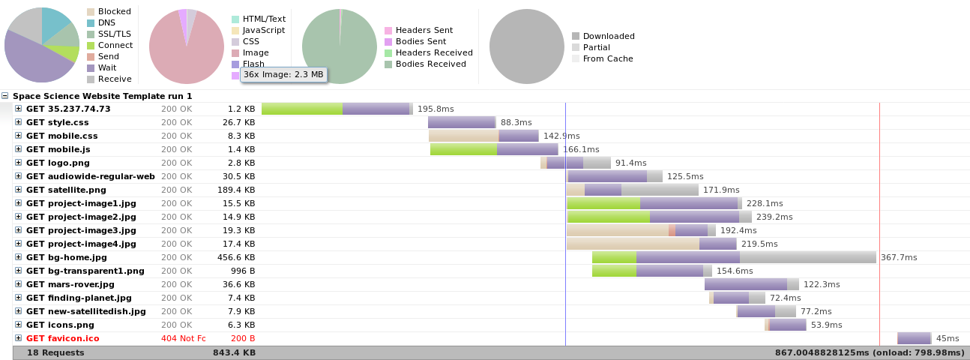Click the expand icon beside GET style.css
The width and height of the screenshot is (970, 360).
click(x=19, y=122)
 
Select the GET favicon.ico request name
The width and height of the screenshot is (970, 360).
click(x=62, y=338)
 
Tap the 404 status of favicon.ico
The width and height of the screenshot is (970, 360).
click(x=183, y=338)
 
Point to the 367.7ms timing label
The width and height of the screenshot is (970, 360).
click(x=899, y=257)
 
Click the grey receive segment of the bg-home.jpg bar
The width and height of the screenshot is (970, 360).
click(x=807, y=257)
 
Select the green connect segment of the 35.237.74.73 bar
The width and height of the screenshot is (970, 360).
click(x=302, y=109)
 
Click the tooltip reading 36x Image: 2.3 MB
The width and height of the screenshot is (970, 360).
click(x=283, y=74)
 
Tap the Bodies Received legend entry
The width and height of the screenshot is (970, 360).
click(x=428, y=64)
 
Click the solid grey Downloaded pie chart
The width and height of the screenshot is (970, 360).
click(x=526, y=46)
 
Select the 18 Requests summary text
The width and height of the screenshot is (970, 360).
click(x=55, y=352)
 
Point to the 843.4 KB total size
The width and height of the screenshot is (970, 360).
click(x=234, y=352)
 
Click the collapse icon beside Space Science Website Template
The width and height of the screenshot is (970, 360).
click(x=5, y=96)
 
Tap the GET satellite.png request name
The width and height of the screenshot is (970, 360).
click(x=66, y=190)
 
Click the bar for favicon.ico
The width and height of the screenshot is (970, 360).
click(x=914, y=338)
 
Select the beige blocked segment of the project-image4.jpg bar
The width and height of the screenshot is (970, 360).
click(x=632, y=244)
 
